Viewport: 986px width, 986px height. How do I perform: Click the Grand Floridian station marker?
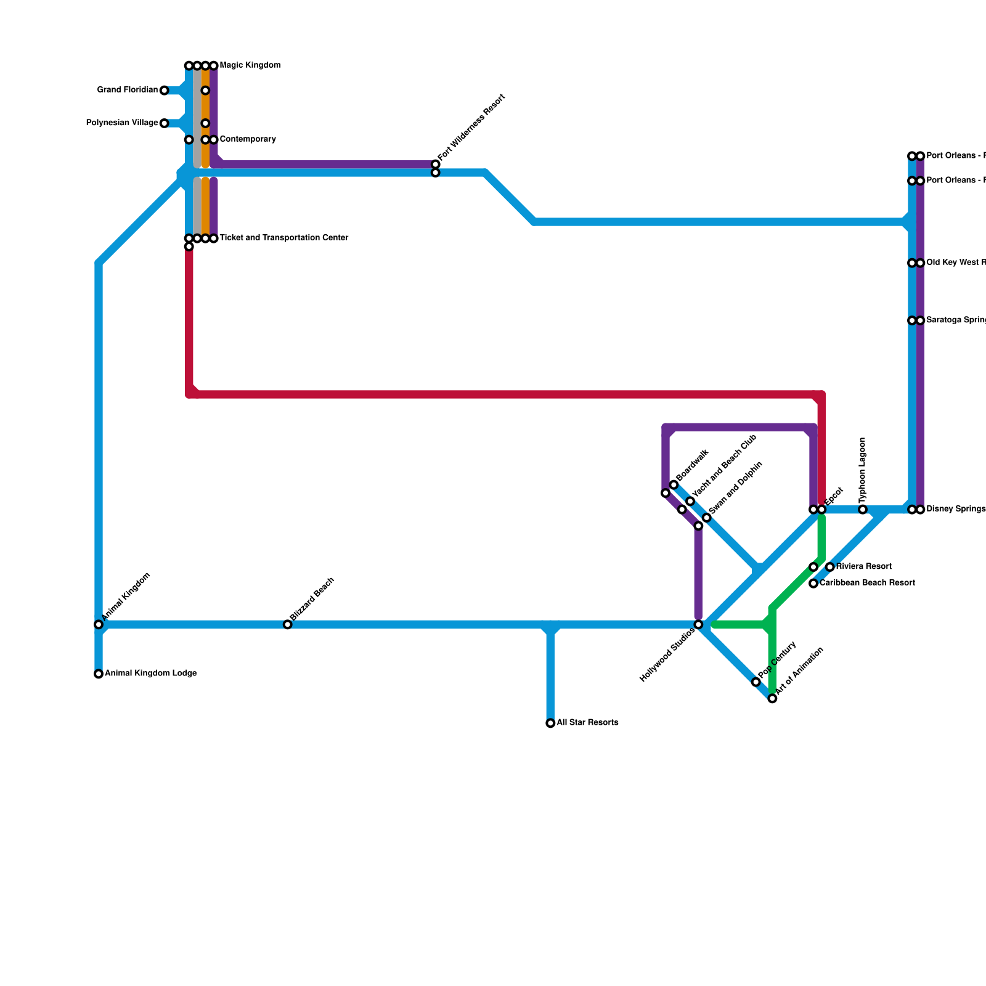click(x=164, y=91)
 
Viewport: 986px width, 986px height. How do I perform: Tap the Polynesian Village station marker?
click(x=164, y=123)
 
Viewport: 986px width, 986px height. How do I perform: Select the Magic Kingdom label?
click(x=250, y=65)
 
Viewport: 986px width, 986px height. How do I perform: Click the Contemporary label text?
click(x=247, y=139)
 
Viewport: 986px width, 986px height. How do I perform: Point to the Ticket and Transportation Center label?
click(x=283, y=238)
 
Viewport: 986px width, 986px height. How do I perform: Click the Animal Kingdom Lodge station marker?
click(x=99, y=674)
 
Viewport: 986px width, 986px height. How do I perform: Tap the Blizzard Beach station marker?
click(x=287, y=625)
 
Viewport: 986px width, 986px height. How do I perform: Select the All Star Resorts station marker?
click(x=550, y=723)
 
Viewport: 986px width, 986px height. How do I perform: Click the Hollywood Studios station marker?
click(x=698, y=625)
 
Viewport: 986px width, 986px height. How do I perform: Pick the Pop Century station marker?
click(x=756, y=682)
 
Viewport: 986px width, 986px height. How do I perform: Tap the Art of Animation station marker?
click(x=772, y=698)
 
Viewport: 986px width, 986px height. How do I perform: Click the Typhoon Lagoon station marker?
click(x=863, y=510)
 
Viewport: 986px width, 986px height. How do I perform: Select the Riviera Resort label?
click(x=863, y=566)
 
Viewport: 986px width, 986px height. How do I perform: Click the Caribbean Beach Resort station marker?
click(x=813, y=583)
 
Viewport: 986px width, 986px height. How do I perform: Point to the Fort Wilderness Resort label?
click(x=472, y=127)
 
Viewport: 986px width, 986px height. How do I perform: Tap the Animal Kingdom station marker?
click(x=99, y=625)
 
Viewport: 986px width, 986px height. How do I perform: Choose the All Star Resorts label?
click(x=587, y=723)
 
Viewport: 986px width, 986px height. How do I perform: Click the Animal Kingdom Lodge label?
click(x=150, y=674)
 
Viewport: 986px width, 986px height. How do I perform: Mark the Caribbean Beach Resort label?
click(x=867, y=583)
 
